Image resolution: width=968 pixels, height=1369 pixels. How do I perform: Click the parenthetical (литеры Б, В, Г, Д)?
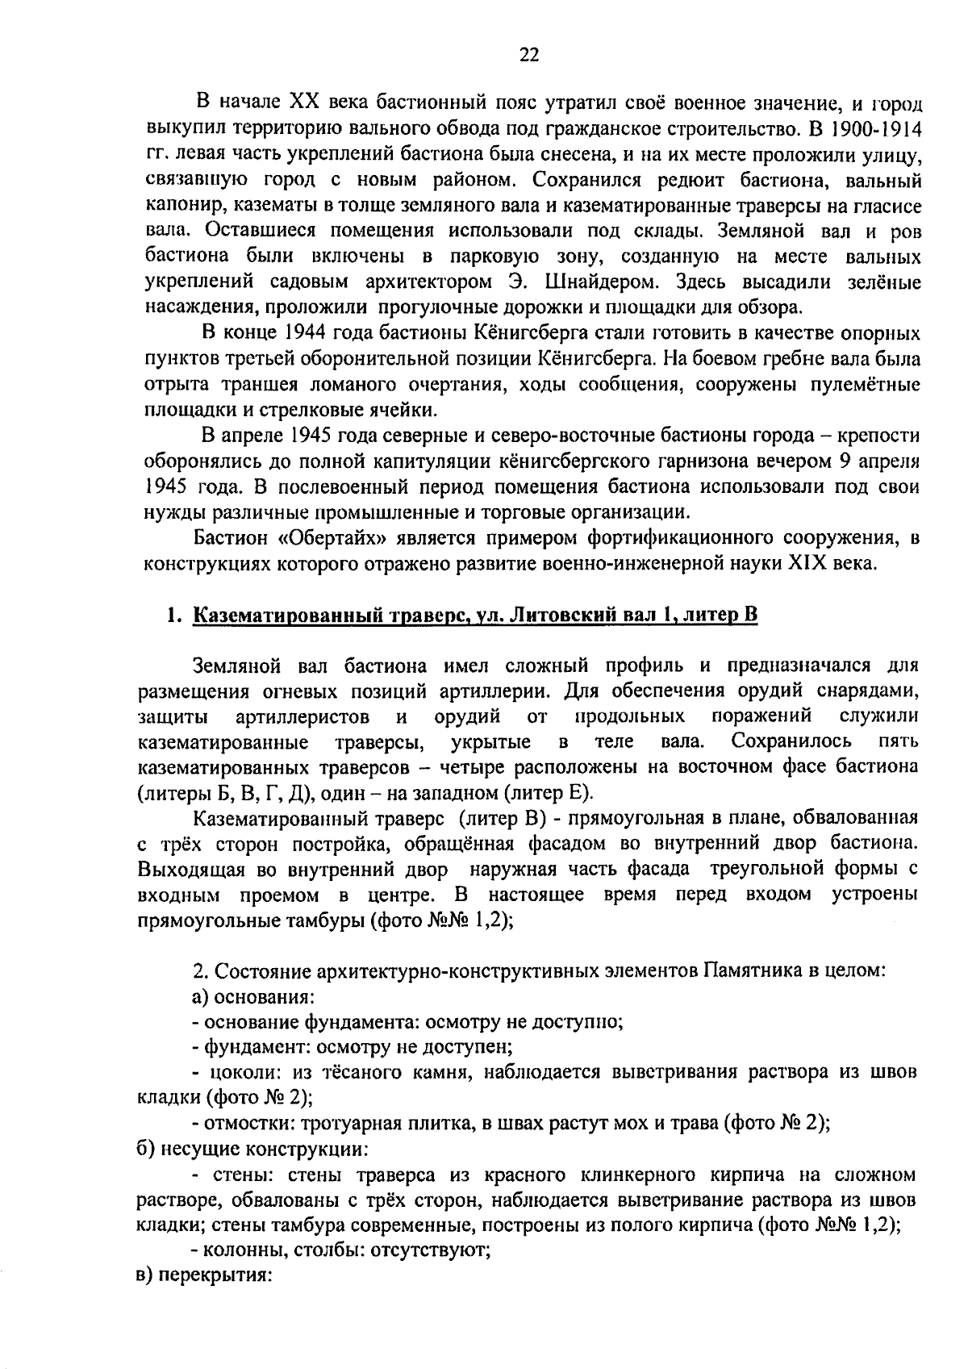[221, 791]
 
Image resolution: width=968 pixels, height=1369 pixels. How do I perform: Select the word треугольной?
[769, 870]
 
